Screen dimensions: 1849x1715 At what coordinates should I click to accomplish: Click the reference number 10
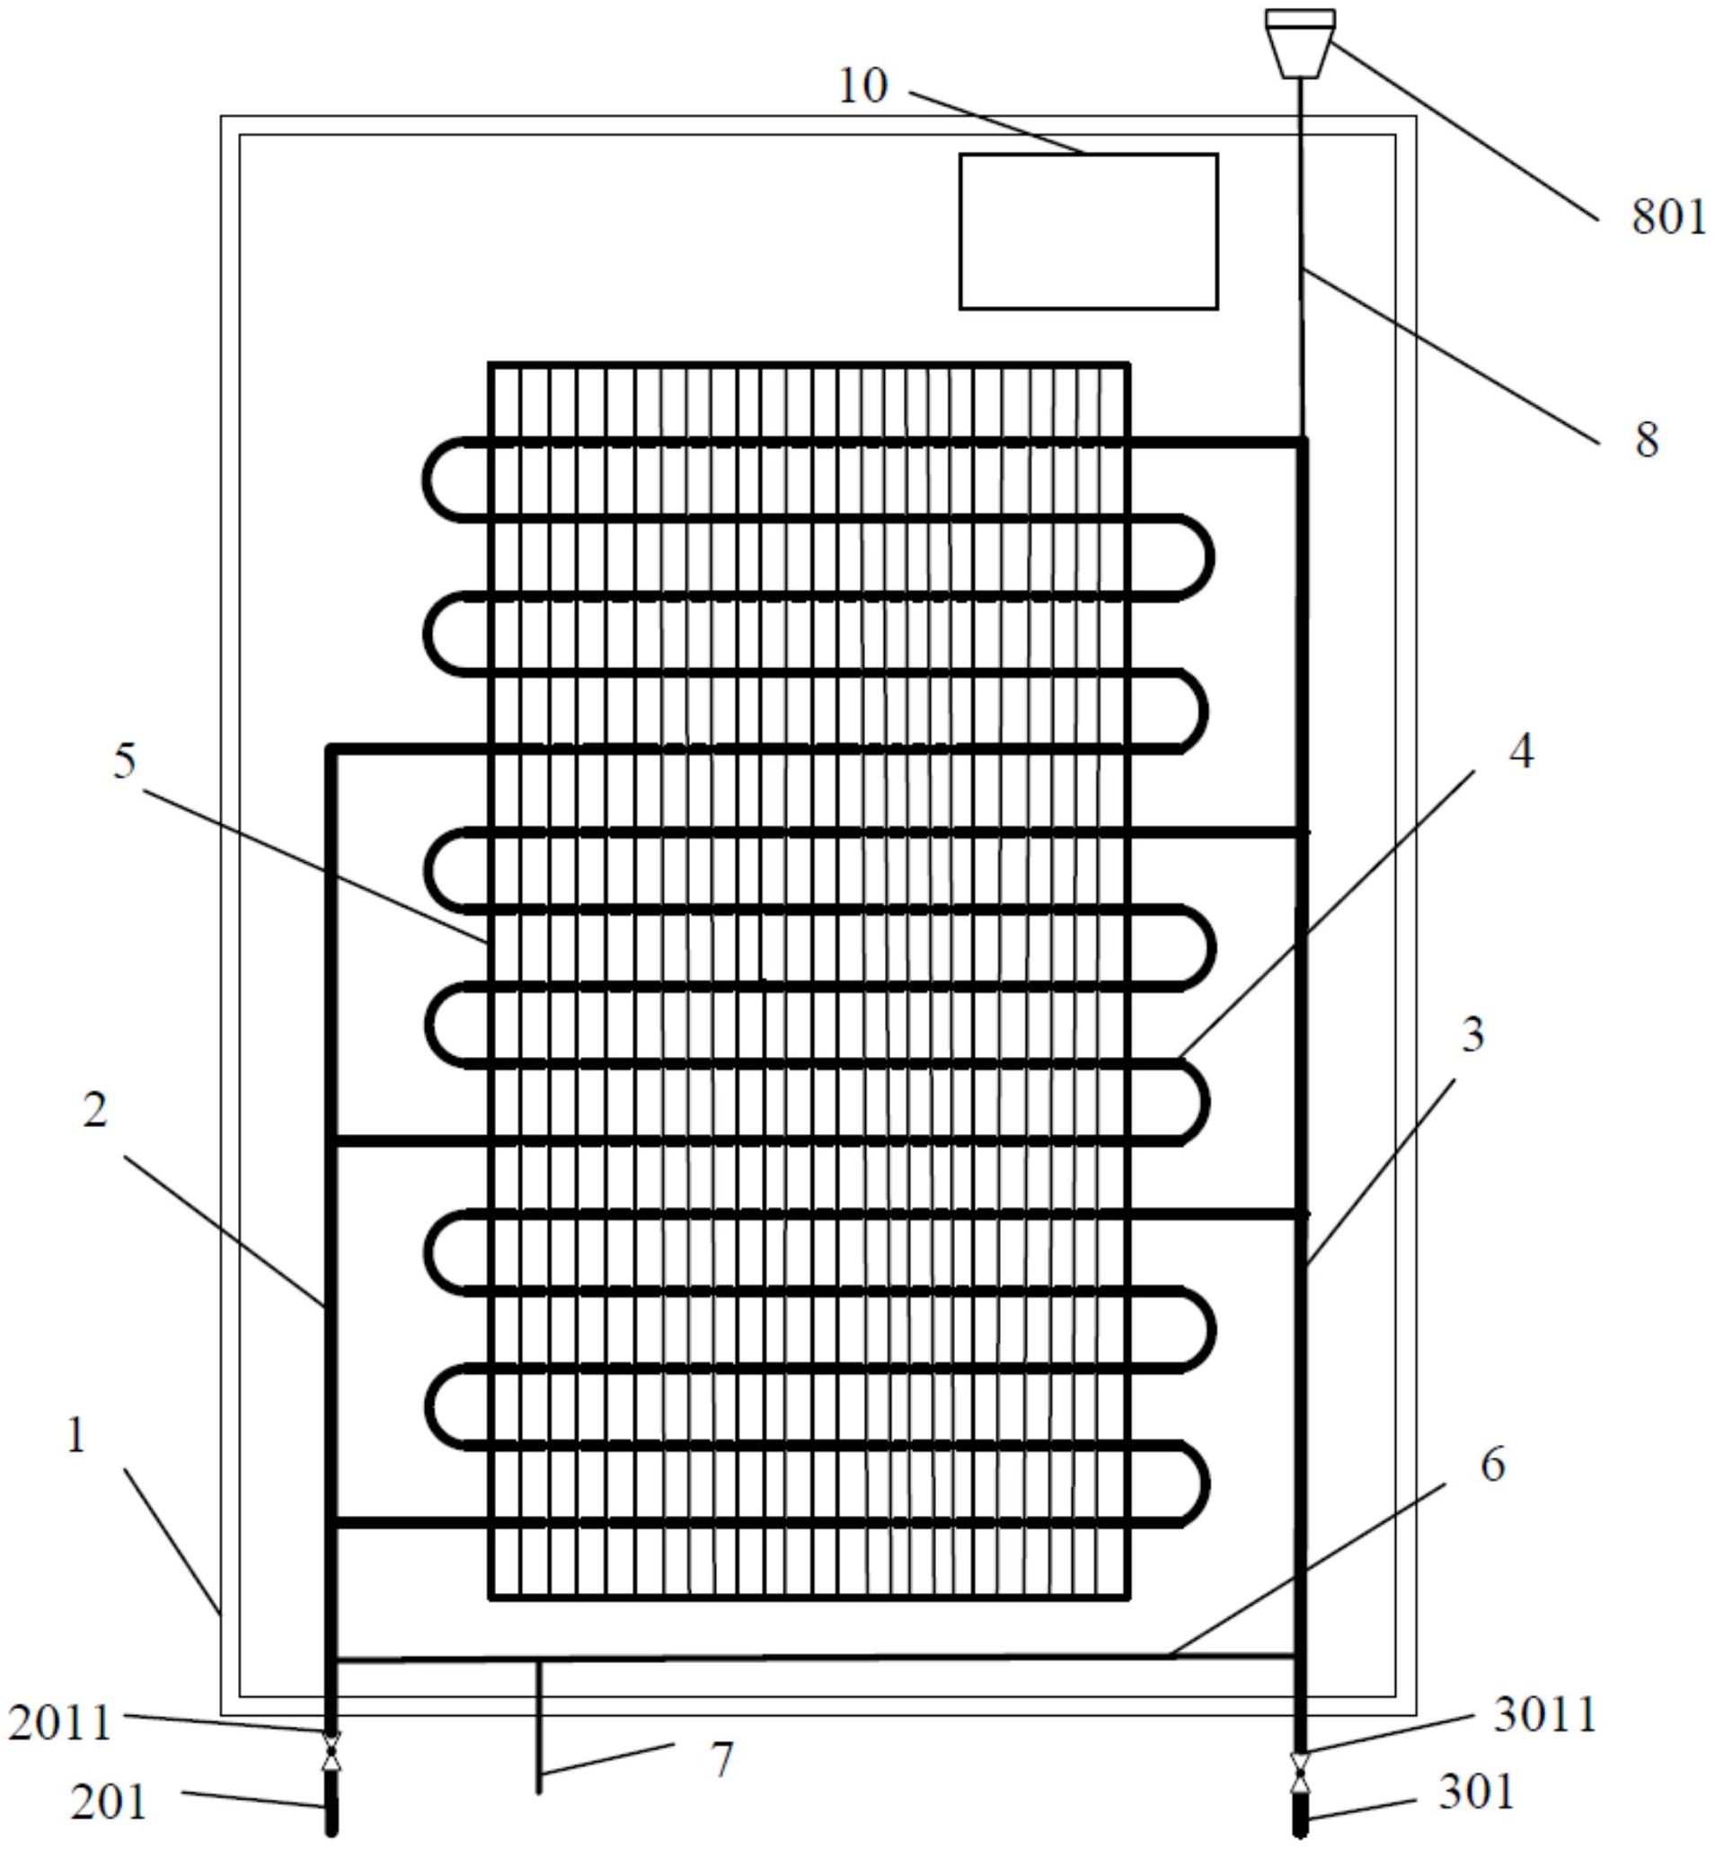pyautogui.click(x=862, y=87)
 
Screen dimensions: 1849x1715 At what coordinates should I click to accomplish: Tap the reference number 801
pyautogui.click(x=1668, y=218)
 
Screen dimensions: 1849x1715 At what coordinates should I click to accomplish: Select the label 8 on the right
pyautogui.click(x=1648, y=440)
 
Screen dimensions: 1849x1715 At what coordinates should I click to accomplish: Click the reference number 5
pyautogui.click(x=124, y=761)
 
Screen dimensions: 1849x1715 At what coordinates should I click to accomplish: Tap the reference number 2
pyautogui.click(x=94, y=1111)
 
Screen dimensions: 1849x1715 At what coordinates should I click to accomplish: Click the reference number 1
pyautogui.click(x=76, y=1436)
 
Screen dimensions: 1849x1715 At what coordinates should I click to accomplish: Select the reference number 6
pyautogui.click(x=1492, y=1465)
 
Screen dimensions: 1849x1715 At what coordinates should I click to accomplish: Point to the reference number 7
pyautogui.click(x=722, y=1758)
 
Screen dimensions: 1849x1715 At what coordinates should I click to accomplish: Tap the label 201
pyautogui.click(x=109, y=1802)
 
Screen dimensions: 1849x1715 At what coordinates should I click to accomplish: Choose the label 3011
pyautogui.click(x=1545, y=1714)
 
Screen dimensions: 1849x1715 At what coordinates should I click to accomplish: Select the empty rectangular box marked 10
pyautogui.click(x=1088, y=231)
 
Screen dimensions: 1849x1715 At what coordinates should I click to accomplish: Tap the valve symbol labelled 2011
pyautogui.click(x=332, y=1749)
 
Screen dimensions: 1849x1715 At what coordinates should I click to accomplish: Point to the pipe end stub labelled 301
pyautogui.click(x=1300, y=1815)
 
